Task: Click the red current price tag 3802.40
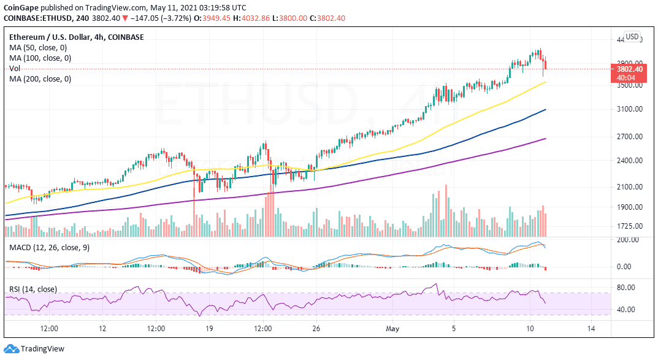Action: coord(629,69)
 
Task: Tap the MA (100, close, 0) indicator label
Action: coord(40,58)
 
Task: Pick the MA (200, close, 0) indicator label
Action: coord(40,79)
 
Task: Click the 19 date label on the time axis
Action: coord(208,329)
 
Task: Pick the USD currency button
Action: coord(632,36)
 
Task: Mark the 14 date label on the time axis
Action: coord(592,329)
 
